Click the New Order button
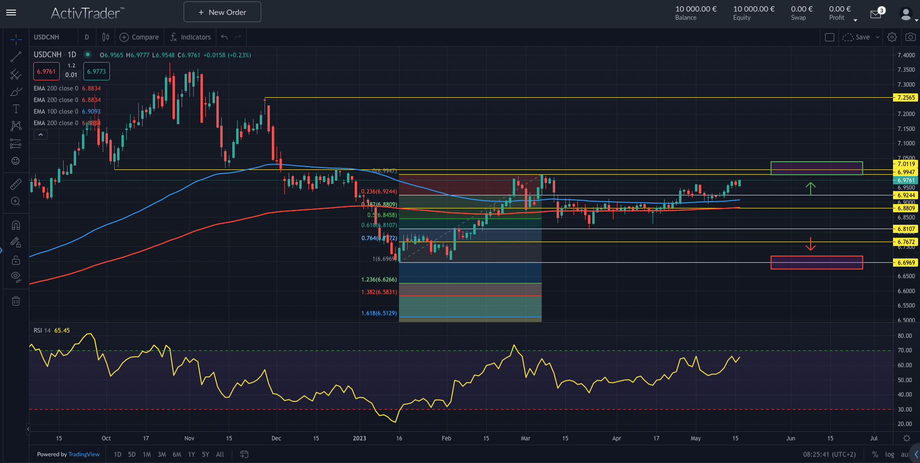coord(222,12)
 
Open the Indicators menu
coord(190,37)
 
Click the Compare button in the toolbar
coord(139,37)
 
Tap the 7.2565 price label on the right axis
coord(906,98)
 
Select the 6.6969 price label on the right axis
coord(906,263)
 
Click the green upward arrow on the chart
coord(811,188)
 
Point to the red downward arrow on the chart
coord(811,244)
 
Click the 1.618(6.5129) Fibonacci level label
coord(379,313)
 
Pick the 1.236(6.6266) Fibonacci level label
coord(379,280)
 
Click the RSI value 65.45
coord(62,331)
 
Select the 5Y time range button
coord(205,454)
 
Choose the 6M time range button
coord(177,454)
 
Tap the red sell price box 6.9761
coord(46,72)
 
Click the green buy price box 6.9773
coord(96,72)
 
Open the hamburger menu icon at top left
coord(11,13)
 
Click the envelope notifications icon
coord(876,14)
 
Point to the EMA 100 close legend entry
coord(56,112)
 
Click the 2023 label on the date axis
coord(359,438)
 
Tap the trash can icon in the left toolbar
coord(16,301)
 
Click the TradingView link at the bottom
coord(84,454)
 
